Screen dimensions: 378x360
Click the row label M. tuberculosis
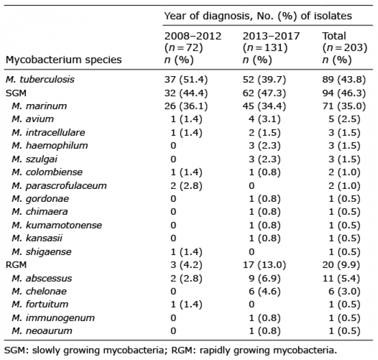(40, 79)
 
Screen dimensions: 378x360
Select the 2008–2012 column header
(193, 47)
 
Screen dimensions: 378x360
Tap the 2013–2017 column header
(271, 47)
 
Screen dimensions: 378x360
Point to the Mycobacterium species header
(64, 60)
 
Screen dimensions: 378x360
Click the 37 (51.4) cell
(186, 79)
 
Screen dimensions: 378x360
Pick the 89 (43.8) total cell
(344, 79)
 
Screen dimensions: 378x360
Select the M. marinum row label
(39, 106)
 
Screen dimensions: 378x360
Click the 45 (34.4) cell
(264, 106)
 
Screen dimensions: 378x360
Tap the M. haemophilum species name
(50, 146)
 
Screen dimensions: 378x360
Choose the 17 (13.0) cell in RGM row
(264, 265)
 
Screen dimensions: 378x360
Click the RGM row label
(16, 265)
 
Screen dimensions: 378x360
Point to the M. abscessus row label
(42, 279)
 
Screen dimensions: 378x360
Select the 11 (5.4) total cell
(341, 279)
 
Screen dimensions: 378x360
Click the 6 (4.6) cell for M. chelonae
(265, 291)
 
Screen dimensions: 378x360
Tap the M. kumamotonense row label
(57, 225)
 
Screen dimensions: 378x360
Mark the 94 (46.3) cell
(344, 93)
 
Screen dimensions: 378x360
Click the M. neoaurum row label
(42, 331)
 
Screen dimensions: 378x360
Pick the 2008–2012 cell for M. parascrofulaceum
(186, 186)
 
